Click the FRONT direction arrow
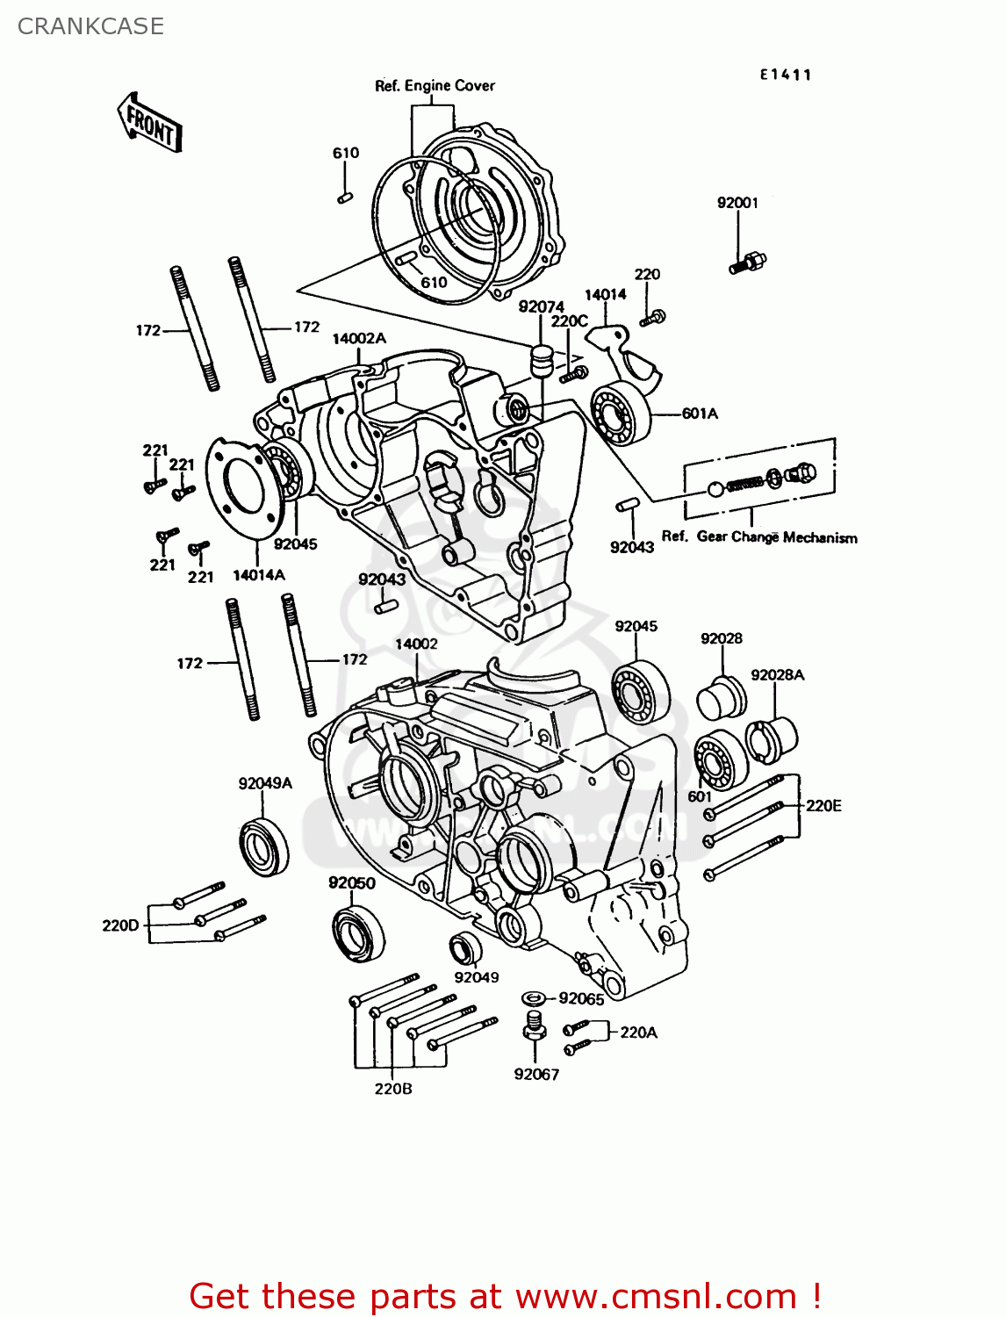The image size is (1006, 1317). tap(149, 124)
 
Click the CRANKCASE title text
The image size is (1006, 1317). tap(90, 26)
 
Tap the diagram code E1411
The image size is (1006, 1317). tap(786, 75)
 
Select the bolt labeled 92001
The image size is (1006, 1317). tap(748, 261)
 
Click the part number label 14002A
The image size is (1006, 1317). tap(358, 339)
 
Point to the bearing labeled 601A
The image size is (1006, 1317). tap(622, 414)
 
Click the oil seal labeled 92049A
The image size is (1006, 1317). tap(263, 846)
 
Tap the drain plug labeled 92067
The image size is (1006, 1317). tap(534, 1025)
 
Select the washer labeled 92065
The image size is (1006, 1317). tap(533, 998)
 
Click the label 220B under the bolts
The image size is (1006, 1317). tap(392, 1089)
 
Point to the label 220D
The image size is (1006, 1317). tap(120, 925)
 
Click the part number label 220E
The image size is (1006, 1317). tap(823, 806)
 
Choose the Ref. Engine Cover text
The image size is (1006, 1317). tap(435, 86)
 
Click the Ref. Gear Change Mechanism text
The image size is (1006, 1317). tap(759, 537)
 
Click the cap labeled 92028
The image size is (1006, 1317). tap(722, 698)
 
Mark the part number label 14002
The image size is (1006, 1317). tap(416, 644)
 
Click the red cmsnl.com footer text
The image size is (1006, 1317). tap(505, 1296)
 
